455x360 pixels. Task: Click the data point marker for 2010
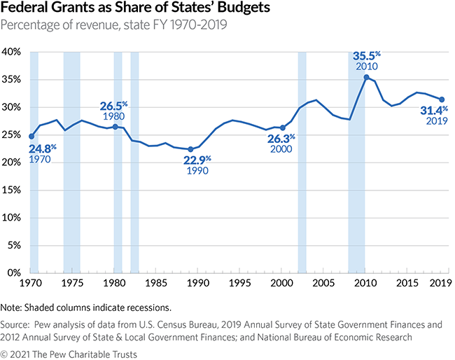[x=366, y=77]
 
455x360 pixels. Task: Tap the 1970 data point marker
[x=31, y=137]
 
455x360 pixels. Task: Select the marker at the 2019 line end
[x=442, y=99]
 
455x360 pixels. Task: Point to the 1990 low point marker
[x=190, y=149]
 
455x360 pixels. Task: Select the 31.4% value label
[x=434, y=110]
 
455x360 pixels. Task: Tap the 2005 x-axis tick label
[x=323, y=283]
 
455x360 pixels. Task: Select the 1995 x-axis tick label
[x=239, y=283]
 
